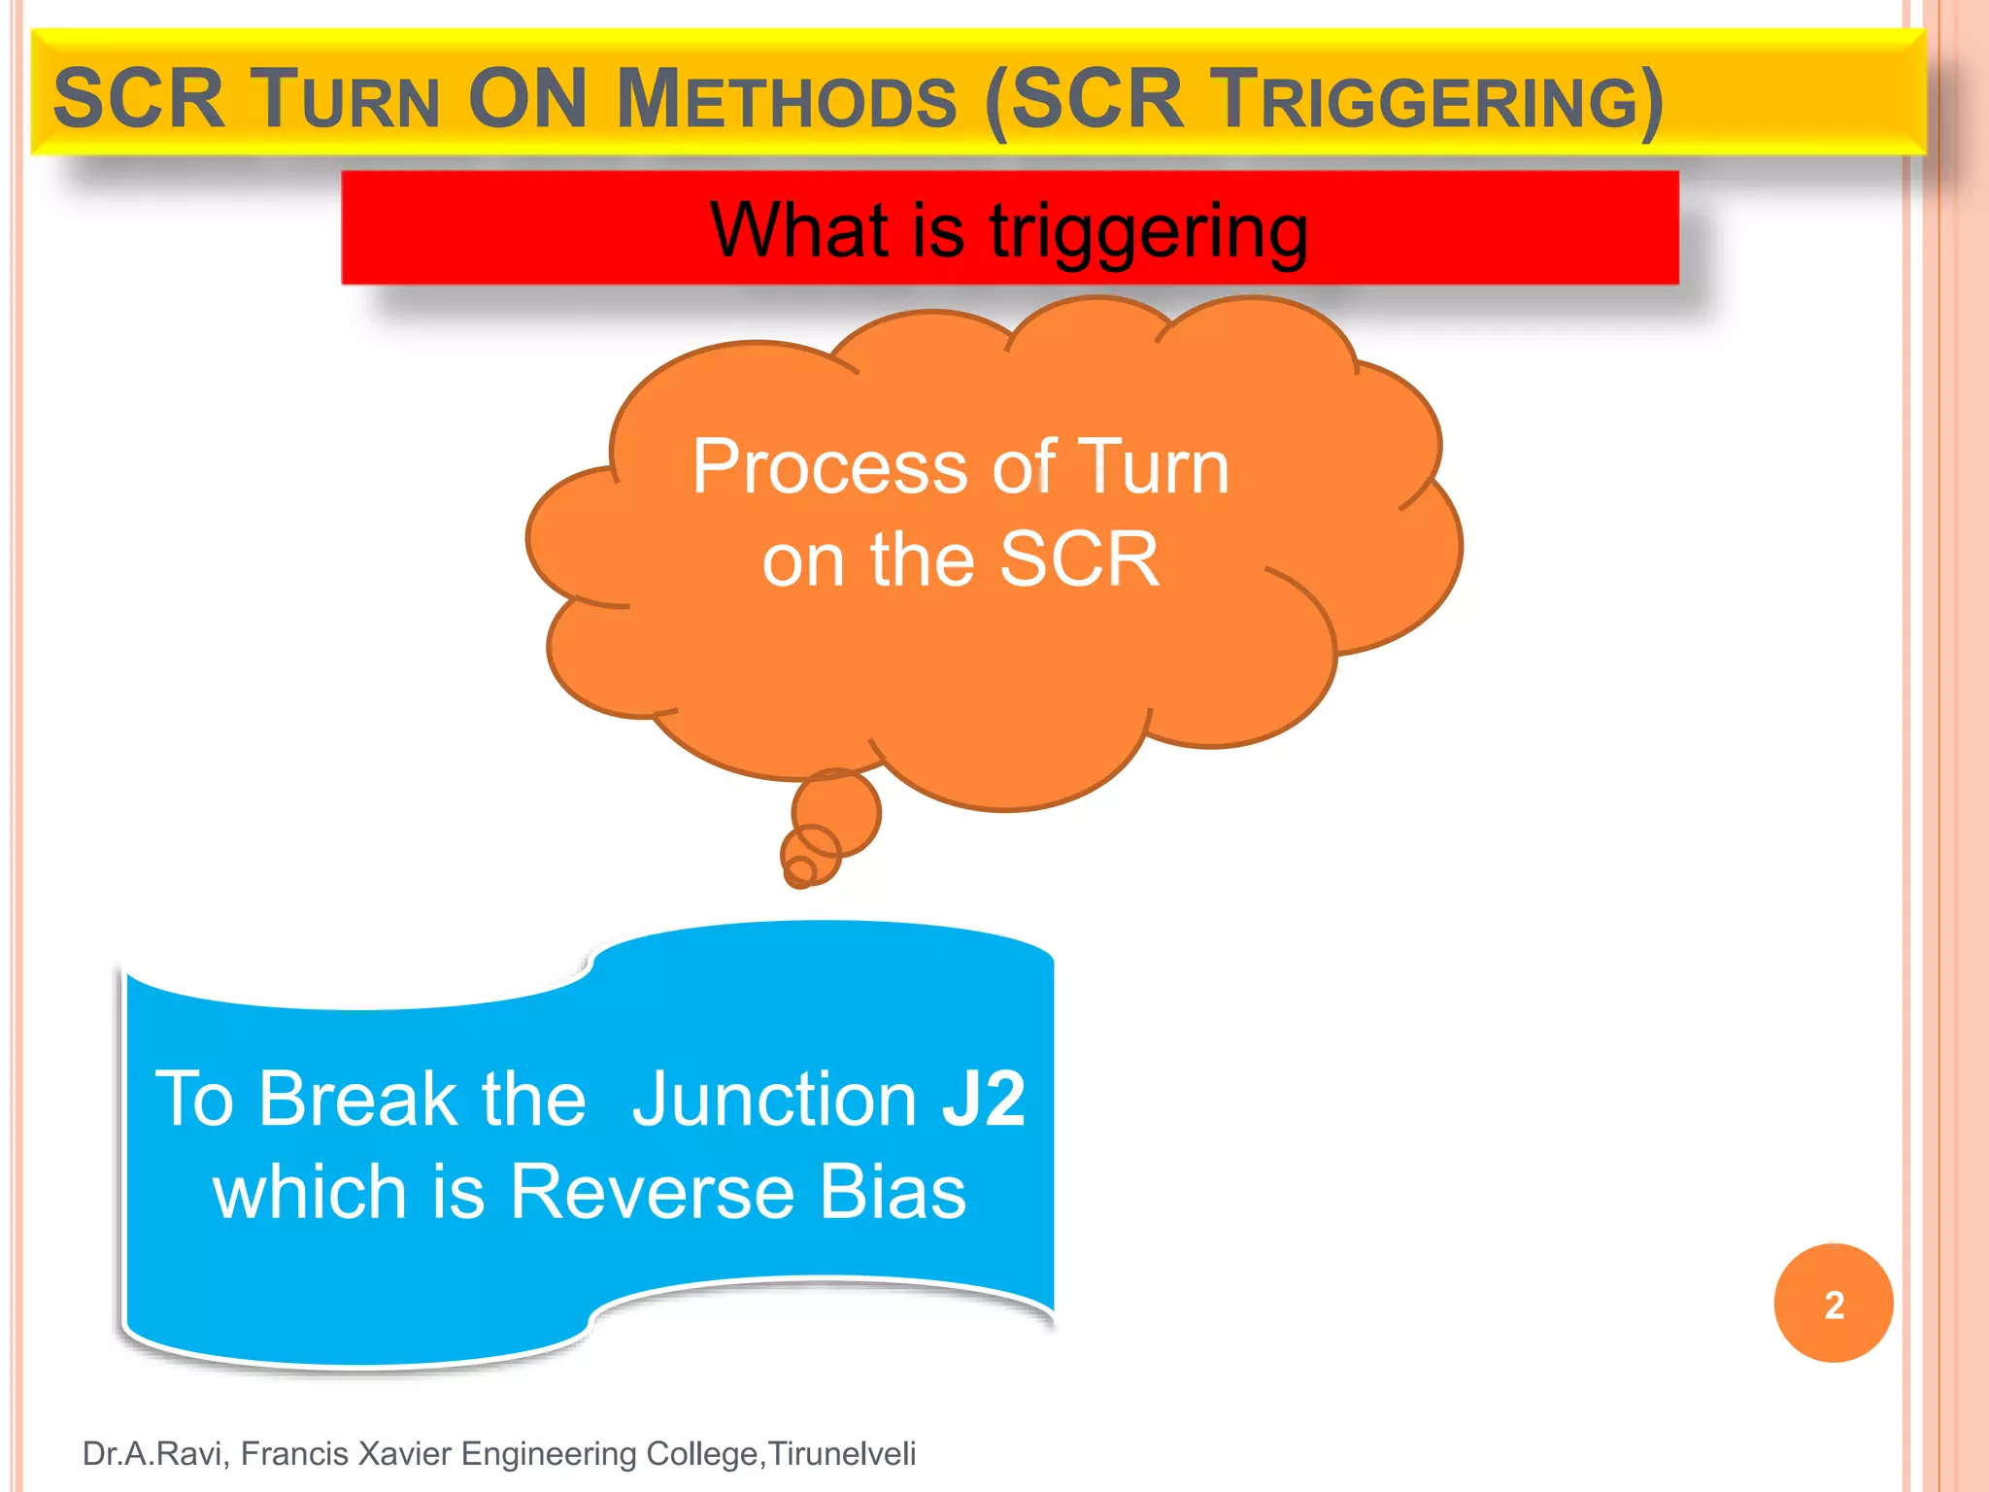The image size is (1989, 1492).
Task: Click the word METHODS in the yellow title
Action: [787, 99]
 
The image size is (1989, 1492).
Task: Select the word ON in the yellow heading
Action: [527, 99]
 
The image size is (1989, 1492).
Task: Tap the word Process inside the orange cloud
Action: [829, 467]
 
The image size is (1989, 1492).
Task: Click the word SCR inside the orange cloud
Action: [1079, 559]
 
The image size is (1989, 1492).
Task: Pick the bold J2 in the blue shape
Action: [983, 1099]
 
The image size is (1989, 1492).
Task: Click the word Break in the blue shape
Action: [358, 1099]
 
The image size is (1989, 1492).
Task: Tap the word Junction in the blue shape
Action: [774, 1099]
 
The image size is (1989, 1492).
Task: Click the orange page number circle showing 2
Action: [1833, 1304]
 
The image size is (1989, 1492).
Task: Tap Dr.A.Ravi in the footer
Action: [154, 1454]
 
